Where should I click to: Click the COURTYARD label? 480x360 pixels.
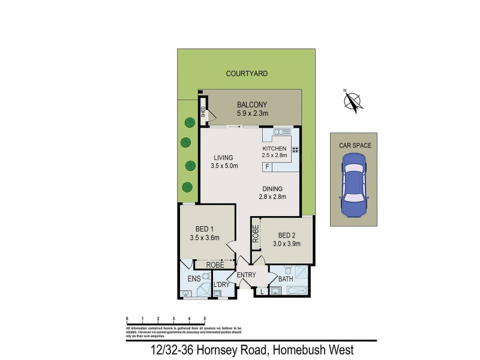[x=247, y=74]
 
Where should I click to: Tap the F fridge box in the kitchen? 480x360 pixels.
[x=268, y=166]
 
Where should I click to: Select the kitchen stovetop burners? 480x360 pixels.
[x=295, y=149]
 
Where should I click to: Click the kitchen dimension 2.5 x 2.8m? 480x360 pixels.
[x=274, y=155]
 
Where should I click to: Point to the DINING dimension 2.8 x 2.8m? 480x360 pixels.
[x=272, y=196]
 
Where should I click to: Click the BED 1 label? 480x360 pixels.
[x=205, y=229]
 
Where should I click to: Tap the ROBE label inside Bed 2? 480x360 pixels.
[x=256, y=232]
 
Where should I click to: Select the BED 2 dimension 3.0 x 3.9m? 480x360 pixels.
[x=286, y=244]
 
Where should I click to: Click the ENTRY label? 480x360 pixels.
[x=246, y=275]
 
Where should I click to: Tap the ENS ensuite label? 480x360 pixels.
[x=193, y=278]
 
